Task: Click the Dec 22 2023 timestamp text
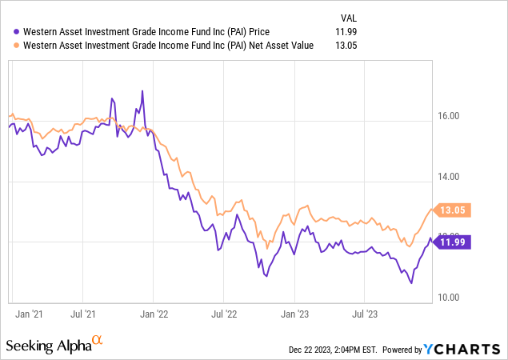coord(333,350)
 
